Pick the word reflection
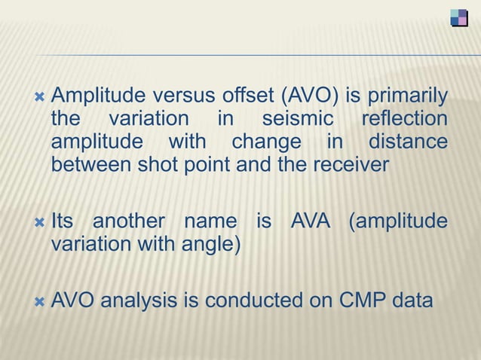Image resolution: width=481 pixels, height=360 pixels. (404, 120)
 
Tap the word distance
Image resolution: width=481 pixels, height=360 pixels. (407, 142)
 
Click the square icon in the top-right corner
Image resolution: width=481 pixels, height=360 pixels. (458, 17)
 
